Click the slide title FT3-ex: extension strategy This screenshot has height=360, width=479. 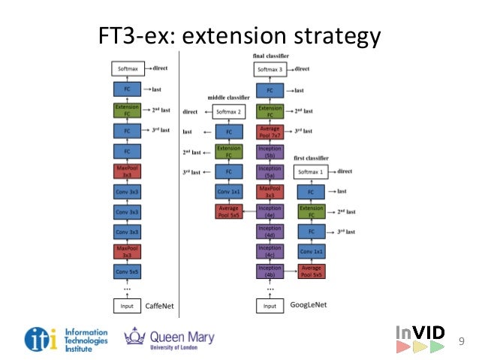coord(240,35)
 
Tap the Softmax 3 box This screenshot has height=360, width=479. coord(270,69)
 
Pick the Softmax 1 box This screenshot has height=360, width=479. coord(312,172)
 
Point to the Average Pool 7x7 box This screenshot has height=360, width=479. coord(270,132)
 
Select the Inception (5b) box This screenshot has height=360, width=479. coord(270,152)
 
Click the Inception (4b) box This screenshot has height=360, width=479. coord(270,271)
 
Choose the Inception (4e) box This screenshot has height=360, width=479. coord(270,211)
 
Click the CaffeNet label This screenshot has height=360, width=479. coord(158,305)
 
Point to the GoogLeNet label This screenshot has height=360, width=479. coord(308,305)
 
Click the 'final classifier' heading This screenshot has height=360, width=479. coord(270,56)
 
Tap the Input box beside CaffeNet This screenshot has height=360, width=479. coord(127,306)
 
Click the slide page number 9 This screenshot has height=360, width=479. coord(461,343)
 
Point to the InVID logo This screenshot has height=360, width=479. coord(420,339)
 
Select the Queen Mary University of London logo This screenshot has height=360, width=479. coord(170,338)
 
